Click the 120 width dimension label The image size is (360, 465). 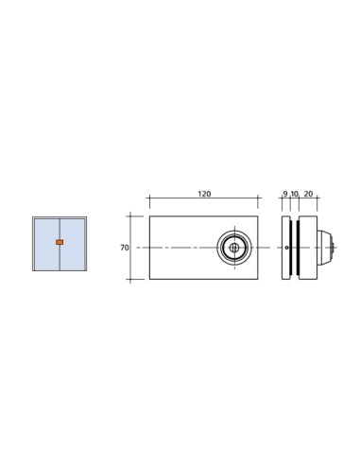point(203,194)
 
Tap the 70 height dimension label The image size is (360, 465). point(124,248)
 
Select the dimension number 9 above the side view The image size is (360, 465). point(285,194)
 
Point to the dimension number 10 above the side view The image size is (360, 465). point(295,194)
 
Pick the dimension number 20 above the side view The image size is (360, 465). point(309,194)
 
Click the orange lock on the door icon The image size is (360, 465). point(60,243)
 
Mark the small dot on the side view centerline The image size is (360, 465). point(287,248)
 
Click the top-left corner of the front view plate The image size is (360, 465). point(148,216)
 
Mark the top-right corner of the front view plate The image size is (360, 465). point(259,216)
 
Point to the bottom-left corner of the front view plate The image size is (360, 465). point(148,279)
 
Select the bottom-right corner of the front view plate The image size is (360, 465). point(259,279)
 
